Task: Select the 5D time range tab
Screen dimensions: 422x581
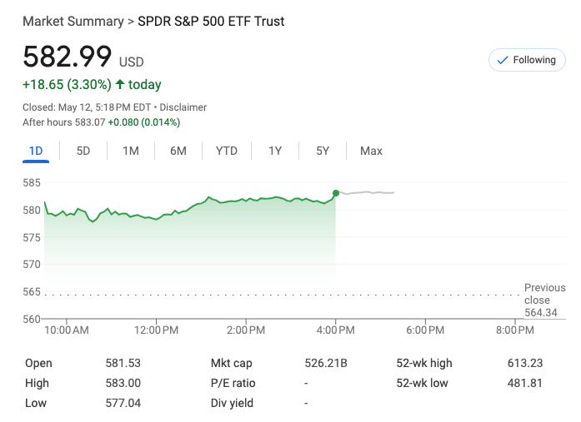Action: [x=83, y=151]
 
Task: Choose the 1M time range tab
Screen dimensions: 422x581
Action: [x=131, y=151]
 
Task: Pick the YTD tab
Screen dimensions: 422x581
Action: [x=227, y=151]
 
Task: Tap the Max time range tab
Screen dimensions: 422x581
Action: [x=371, y=151]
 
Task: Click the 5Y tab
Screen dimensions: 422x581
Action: [x=323, y=151]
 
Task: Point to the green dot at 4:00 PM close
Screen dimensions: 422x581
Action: [x=336, y=193]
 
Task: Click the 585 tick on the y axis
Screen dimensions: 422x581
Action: [x=32, y=182]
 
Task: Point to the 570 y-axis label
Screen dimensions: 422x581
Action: [x=32, y=265]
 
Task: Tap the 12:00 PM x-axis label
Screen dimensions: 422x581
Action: [x=156, y=330]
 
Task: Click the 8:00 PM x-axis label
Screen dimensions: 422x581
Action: [x=514, y=330]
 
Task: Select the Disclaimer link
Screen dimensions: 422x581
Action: [x=183, y=107]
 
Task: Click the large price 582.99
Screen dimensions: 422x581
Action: [x=67, y=57]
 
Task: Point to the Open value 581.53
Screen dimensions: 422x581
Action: [x=123, y=363]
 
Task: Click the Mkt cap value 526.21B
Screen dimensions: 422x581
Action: [x=326, y=363]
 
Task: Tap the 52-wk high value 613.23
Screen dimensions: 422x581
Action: [x=524, y=363]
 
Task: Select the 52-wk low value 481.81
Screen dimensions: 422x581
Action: [x=524, y=383]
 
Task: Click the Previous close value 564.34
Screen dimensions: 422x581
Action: [x=541, y=313]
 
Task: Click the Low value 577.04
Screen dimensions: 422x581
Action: [x=123, y=403]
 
